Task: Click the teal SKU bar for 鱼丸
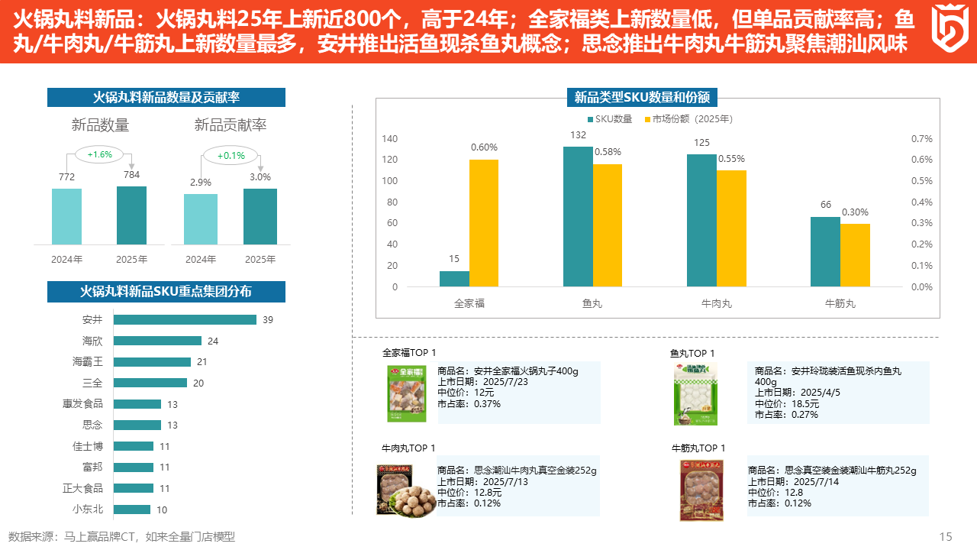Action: pyautogui.click(x=578, y=216)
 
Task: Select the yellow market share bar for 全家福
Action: pyautogui.click(x=484, y=223)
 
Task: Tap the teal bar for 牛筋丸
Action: pyautogui.click(x=825, y=252)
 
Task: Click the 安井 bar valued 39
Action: pyautogui.click(x=185, y=320)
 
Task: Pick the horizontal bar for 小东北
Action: pyautogui.click(x=132, y=510)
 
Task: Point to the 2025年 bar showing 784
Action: pyautogui.click(x=131, y=215)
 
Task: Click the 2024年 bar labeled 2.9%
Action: pyautogui.click(x=201, y=219)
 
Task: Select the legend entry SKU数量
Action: pyautogui.click(x=609, y=119)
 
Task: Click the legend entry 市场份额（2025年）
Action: pyautogui.click(x=688, y=119)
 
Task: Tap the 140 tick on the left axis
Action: pyautogui.click(x=389, y=139)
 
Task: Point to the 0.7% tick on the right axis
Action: pyautogui.click(x=922, y=139)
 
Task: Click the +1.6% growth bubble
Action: pyautogui.click(x=99, y=154)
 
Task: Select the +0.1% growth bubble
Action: pyautogui.click(x=231, y=156)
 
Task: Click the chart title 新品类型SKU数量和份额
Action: pyautogui.click(x=642, y=97)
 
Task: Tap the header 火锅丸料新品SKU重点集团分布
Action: pyautogui.click(x=166, y=292)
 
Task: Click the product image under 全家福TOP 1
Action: pyautogui.click(x=405, y=393)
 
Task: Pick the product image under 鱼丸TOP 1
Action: pyautogui.click(x=695, y=393)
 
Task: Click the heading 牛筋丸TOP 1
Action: pyautogui.click(x=698, y=448)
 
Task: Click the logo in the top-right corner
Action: pyautogui.click(x=950, y=28)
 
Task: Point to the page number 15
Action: pyautogui.click(x=946, y=537)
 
